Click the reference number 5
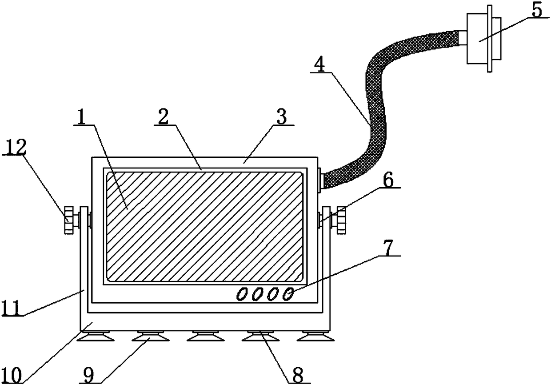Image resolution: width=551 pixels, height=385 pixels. (x=537, y=11)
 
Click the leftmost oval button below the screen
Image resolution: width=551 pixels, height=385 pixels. (x=242, y=294)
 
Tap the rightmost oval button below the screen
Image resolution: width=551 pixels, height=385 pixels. (x=288, y=294)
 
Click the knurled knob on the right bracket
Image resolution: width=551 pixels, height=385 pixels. (x=341, y=220)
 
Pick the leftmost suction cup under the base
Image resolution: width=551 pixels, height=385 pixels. (x=95, y=337)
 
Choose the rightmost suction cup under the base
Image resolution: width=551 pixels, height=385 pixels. (x=315, y=337)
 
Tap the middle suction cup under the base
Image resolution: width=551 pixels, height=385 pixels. (x=205, y=337)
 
